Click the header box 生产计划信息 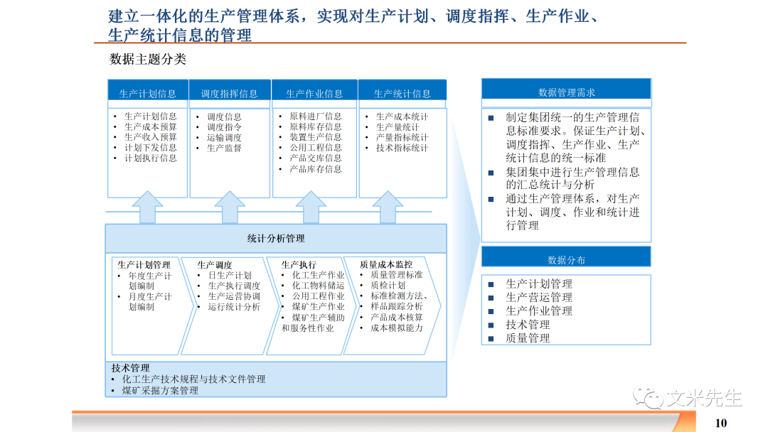pyautogui.click(x=148, y=93)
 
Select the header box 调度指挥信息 pyautogui.click(x=229, y=93)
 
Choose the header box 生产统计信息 pyautogui.click(x=402, y=93)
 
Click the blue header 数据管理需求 pyautogui.click(x=566, y=92)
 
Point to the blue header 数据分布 pyautogui.click(x=566, y=260)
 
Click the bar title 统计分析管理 pyautogui.click(x=276, y=239)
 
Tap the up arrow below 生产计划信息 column pyautogui.click(x=148, y=207)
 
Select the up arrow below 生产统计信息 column pyautogui.click(x=389, y=207)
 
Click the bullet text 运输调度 pyautogui.click(x=225, y=138)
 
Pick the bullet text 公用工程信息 pyautogui.click(x=315, y=148)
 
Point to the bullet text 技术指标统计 pyautogui.click(x=402, y=148)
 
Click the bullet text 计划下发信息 pyautogui.click(x=151, y=148)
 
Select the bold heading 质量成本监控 pyautogui.click(x=386, y=264)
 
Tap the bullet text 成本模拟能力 pyautogui.click(x=396, y=328)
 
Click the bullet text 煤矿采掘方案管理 pyautogui.click(x=160, y=390)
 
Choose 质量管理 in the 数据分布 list pyautogui.click(x=528, y=338)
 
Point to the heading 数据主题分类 pyautogui.click(x=148, y=60)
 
